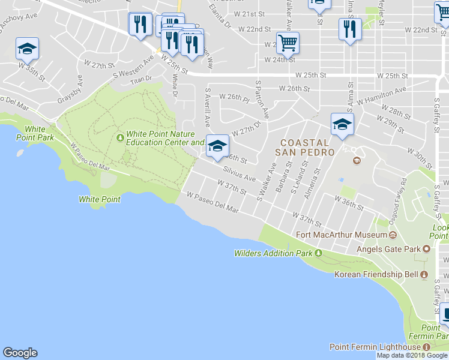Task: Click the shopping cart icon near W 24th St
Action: (288, 43)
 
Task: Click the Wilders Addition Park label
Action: (273, 253)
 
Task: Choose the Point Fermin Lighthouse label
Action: (375, 347)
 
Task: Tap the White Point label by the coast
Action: (99, 199)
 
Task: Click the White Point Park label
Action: (39, 133)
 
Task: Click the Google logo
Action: (20, 353)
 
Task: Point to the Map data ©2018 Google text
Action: (412, 355)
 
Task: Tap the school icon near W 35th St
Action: (27, 48)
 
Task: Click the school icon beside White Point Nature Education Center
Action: (217, 145)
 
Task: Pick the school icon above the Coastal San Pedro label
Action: (342, 124)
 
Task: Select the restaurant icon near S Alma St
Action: (349, 29)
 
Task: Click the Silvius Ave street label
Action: (240, 175)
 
